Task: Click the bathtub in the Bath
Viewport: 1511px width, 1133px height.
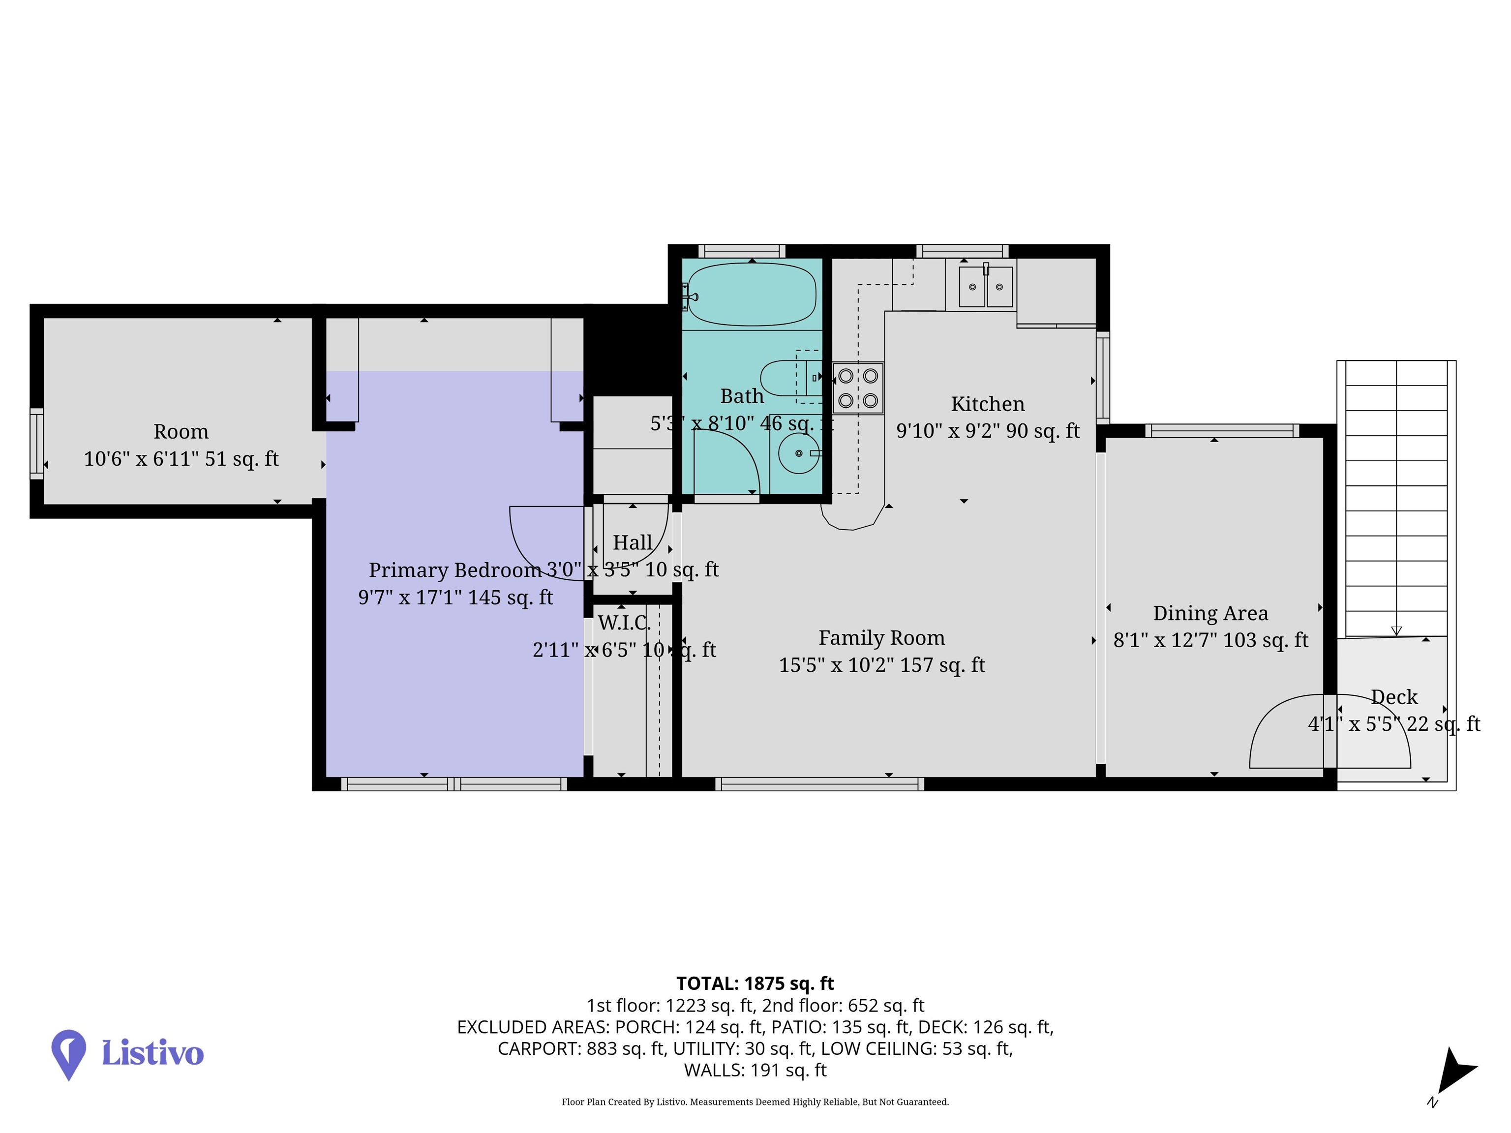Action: click(752, 295)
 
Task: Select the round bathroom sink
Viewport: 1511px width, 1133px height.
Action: click(798, 453)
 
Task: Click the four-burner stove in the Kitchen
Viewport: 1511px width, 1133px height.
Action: click(858, 388)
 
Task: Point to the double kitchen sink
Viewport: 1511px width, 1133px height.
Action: click(986, 286)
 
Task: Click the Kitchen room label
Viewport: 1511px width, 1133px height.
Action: click(988, 404)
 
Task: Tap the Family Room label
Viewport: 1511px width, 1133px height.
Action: click(881, 637)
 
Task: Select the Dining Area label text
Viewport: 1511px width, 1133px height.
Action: click(1210, 613)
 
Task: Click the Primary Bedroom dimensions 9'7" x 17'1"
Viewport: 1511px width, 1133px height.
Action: click(455, 597)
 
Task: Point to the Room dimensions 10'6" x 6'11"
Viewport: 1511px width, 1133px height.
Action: click(181, 458)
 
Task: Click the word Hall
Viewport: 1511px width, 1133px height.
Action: click(632, 542)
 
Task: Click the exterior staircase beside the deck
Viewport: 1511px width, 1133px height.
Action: click(1396, 499)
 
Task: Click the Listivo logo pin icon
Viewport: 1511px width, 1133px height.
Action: click(69, 1052)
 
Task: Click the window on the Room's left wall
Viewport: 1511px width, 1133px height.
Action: click(36, 443)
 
